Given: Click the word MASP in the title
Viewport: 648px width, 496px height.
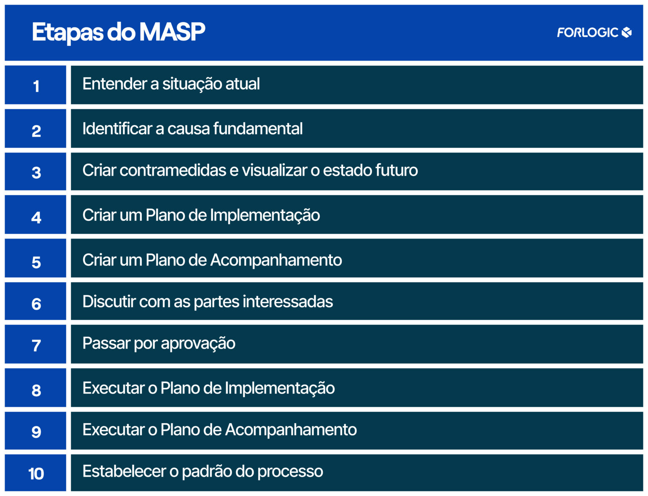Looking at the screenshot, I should click(172, 32).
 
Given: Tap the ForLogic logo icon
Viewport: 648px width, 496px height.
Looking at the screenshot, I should click(627, 32).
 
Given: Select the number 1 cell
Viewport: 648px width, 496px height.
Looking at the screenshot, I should click(36, 86).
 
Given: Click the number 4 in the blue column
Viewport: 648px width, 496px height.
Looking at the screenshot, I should click(36, 217).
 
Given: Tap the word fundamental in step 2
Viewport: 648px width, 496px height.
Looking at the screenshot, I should click(258, 129).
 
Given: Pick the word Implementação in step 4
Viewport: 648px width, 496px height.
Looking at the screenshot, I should click(265, 215).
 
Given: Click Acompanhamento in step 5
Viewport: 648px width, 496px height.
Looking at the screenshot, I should click(276, 260).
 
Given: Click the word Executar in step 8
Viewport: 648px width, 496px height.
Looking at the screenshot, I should click(113, 388).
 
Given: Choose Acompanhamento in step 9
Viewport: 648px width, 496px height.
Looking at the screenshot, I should click(291, 430).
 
